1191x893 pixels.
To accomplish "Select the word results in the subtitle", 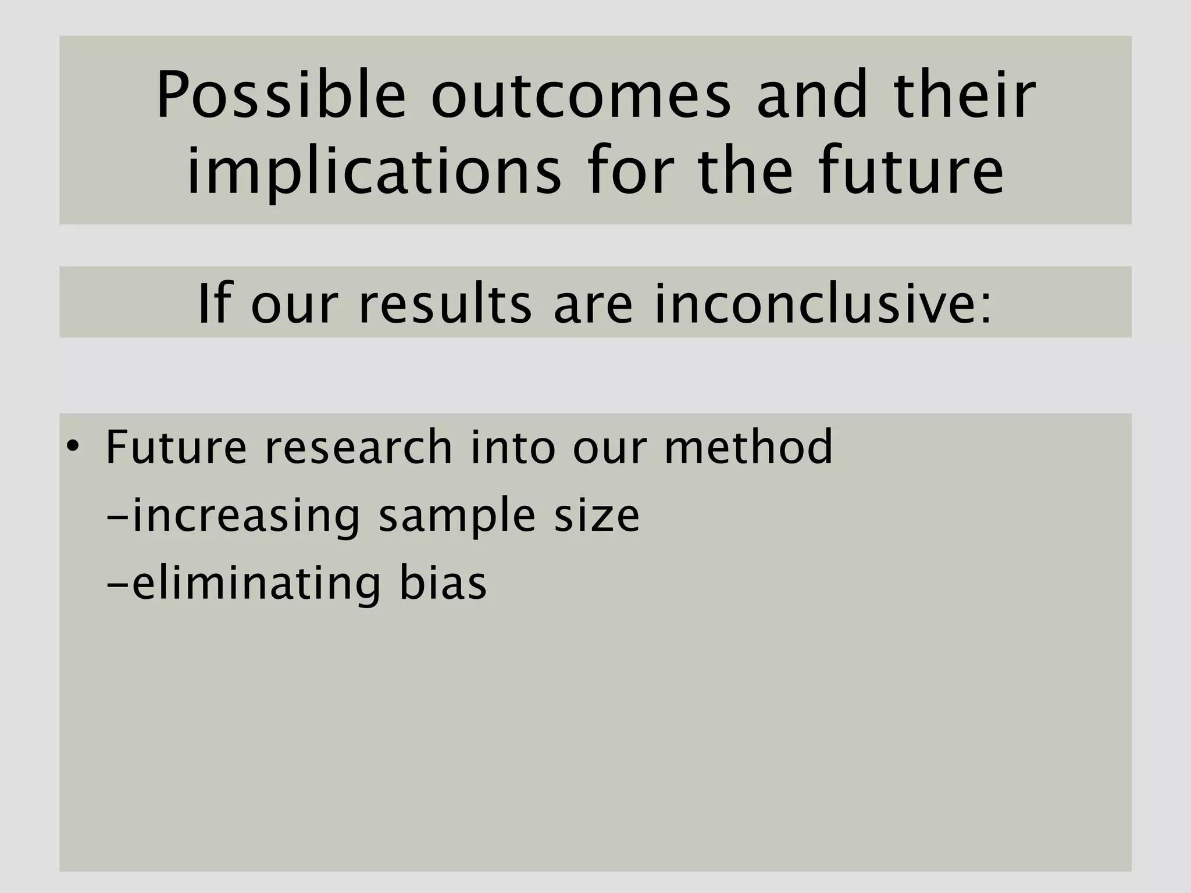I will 445,304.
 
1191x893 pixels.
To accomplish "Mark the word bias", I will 443,583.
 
